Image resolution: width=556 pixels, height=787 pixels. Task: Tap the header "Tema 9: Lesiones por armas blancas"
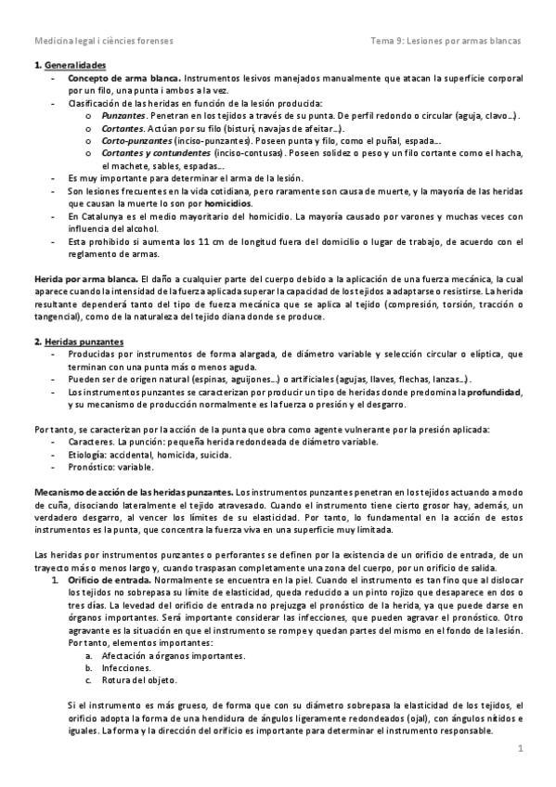pyautogui.click(x=446, y=41)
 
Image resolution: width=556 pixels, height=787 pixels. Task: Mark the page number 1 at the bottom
pyautogui.click(x=521, y=748)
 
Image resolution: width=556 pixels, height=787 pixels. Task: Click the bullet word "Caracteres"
pyautogui.click(x=91, y=442)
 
